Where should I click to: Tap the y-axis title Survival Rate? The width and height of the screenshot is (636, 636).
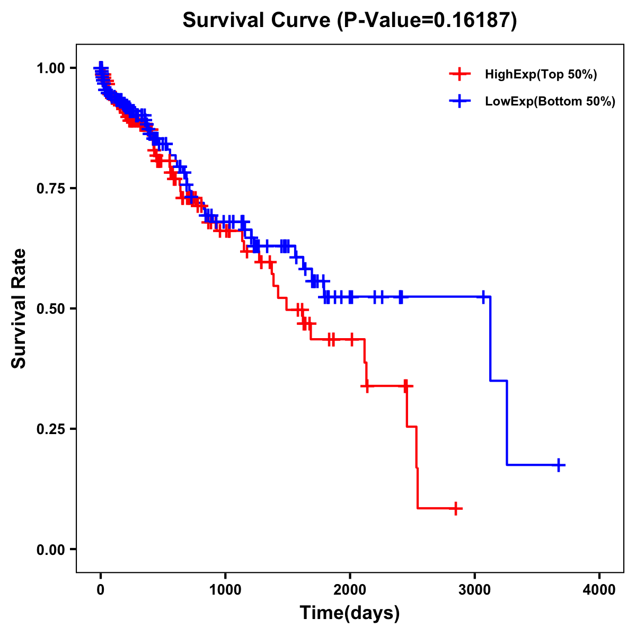[19, 308]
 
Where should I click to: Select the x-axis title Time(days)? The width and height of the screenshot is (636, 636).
[349, 613]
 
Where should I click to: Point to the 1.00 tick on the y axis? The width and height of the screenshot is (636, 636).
[51, 68]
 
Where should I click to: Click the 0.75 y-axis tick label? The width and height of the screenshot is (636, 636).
[51, 188]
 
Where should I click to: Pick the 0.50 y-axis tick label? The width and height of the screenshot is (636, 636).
[51, 308]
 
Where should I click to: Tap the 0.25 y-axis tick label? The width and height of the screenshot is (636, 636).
[51, 429]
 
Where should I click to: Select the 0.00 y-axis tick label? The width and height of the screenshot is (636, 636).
[51, 549]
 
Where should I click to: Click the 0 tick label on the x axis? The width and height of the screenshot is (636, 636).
[101, 590]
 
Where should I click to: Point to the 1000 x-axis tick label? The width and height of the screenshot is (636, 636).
[225, 590]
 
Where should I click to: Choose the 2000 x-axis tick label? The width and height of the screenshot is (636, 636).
[350, 590]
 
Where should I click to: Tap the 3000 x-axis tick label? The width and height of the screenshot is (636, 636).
[475, 590]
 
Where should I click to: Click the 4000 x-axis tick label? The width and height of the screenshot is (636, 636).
[599, 590]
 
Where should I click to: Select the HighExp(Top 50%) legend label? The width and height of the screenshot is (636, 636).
[541, 75]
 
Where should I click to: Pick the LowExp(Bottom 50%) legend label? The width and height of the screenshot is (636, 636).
[550, 102]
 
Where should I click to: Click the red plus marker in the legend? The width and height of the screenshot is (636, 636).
[460, 75]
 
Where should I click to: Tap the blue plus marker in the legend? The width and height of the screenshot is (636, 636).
[460, 102]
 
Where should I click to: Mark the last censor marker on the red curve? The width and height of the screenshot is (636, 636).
[455, 508]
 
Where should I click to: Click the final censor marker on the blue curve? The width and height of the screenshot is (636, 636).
[559, 465]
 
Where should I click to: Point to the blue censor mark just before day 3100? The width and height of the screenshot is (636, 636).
[483, 297]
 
